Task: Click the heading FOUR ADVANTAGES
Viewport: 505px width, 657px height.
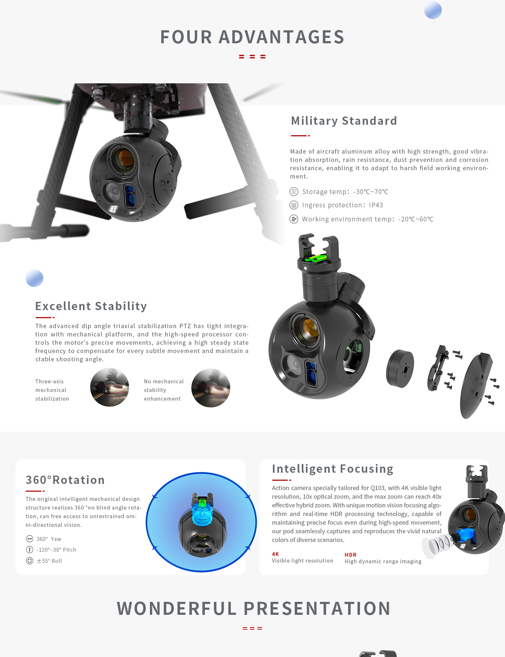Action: coord(252,37)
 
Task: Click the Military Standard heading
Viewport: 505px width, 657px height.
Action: coord(344,121)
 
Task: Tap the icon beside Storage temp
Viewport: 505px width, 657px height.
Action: coord(294,191)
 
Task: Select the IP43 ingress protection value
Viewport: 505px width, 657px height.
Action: coord(376,205)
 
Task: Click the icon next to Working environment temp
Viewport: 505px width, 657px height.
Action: coord(294,219)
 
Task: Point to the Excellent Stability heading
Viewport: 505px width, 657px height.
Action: coord(91,306)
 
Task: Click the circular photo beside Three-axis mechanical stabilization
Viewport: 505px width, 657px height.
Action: coord(110,387)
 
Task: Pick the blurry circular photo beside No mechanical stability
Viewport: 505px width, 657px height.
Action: coord(211,388)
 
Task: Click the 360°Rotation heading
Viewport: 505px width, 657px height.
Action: coord(65,480)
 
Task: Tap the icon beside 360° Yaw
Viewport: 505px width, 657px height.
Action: coord(30,539)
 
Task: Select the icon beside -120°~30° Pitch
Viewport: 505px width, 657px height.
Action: coord(30,550)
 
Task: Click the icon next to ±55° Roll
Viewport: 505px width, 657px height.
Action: coord(30,561)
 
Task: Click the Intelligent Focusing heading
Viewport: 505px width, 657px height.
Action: coord(333,469)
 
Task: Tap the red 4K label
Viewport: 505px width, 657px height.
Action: coord(276,554)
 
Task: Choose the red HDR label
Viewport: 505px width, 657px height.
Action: coord(351,555)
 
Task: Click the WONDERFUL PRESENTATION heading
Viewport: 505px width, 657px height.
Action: coord(254,608)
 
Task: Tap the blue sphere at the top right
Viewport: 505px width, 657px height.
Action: coord(433,10)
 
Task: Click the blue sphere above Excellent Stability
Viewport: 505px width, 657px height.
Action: coord(35,278)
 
